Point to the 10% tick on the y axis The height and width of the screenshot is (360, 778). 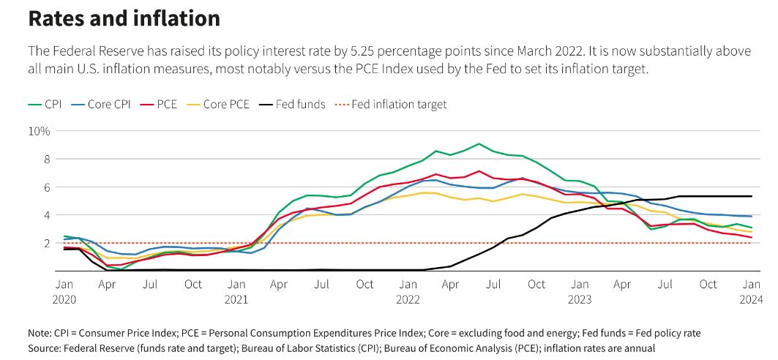(40, 131)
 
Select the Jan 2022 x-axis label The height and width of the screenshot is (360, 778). (408, 291)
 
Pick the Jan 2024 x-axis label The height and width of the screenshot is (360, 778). (751, 291)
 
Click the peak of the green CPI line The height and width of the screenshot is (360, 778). (479, 143)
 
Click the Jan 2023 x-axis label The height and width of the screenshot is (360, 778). (580, 291)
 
